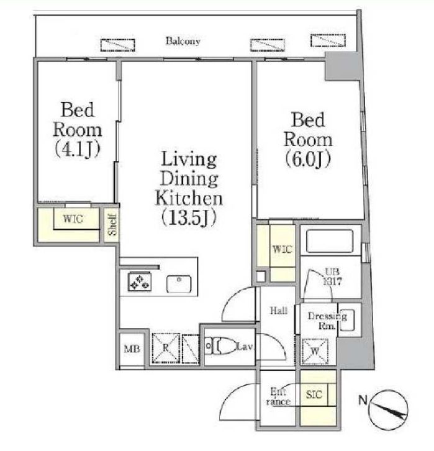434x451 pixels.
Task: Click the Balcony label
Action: pyautogui.click(x=183, y=41)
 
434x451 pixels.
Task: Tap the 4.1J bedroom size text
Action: pyautogui.click(x=78, y=149)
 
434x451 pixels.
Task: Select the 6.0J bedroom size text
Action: pyautogui.click(x=308, y=159)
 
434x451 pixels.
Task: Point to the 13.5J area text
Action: pyautogui.click(x=189, y=218)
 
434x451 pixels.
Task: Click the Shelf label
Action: pyautogui.click(x=112, y=225)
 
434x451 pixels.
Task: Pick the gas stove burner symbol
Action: pyautogui.click(x=140, y=281)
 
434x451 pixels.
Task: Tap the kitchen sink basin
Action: pyautogui.click(x=179, y=284)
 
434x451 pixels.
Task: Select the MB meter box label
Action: pyautogui.click(x=132, y=349)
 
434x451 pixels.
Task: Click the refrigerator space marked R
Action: pyautogui.click(x=166, y=348)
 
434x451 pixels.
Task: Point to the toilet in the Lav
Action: pyautogui.click(x=220, y=346)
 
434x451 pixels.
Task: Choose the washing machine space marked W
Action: pyautogui.click(x=315, y=351)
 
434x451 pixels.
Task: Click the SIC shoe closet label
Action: pyautogui.click(x=314, y=394)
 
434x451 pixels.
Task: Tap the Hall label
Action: pyautogui.click(x=279, y=311)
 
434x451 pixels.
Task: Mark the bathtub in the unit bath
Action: pyautogui.click(x=329, y=242)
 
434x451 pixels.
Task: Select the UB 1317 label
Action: pyautogui.click(x=332, y=276)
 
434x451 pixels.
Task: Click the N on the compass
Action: pyautogui.click(x=363, y=399)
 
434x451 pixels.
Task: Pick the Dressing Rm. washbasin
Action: pyautogui.click(x=347, y=320)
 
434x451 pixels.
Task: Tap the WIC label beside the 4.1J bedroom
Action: pyautogui.click(x=73, y=219)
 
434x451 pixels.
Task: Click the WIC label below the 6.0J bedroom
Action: pyautogui.click(x=283, y=249)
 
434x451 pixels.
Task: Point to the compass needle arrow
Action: pyautogui.click(x=391, y=410)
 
